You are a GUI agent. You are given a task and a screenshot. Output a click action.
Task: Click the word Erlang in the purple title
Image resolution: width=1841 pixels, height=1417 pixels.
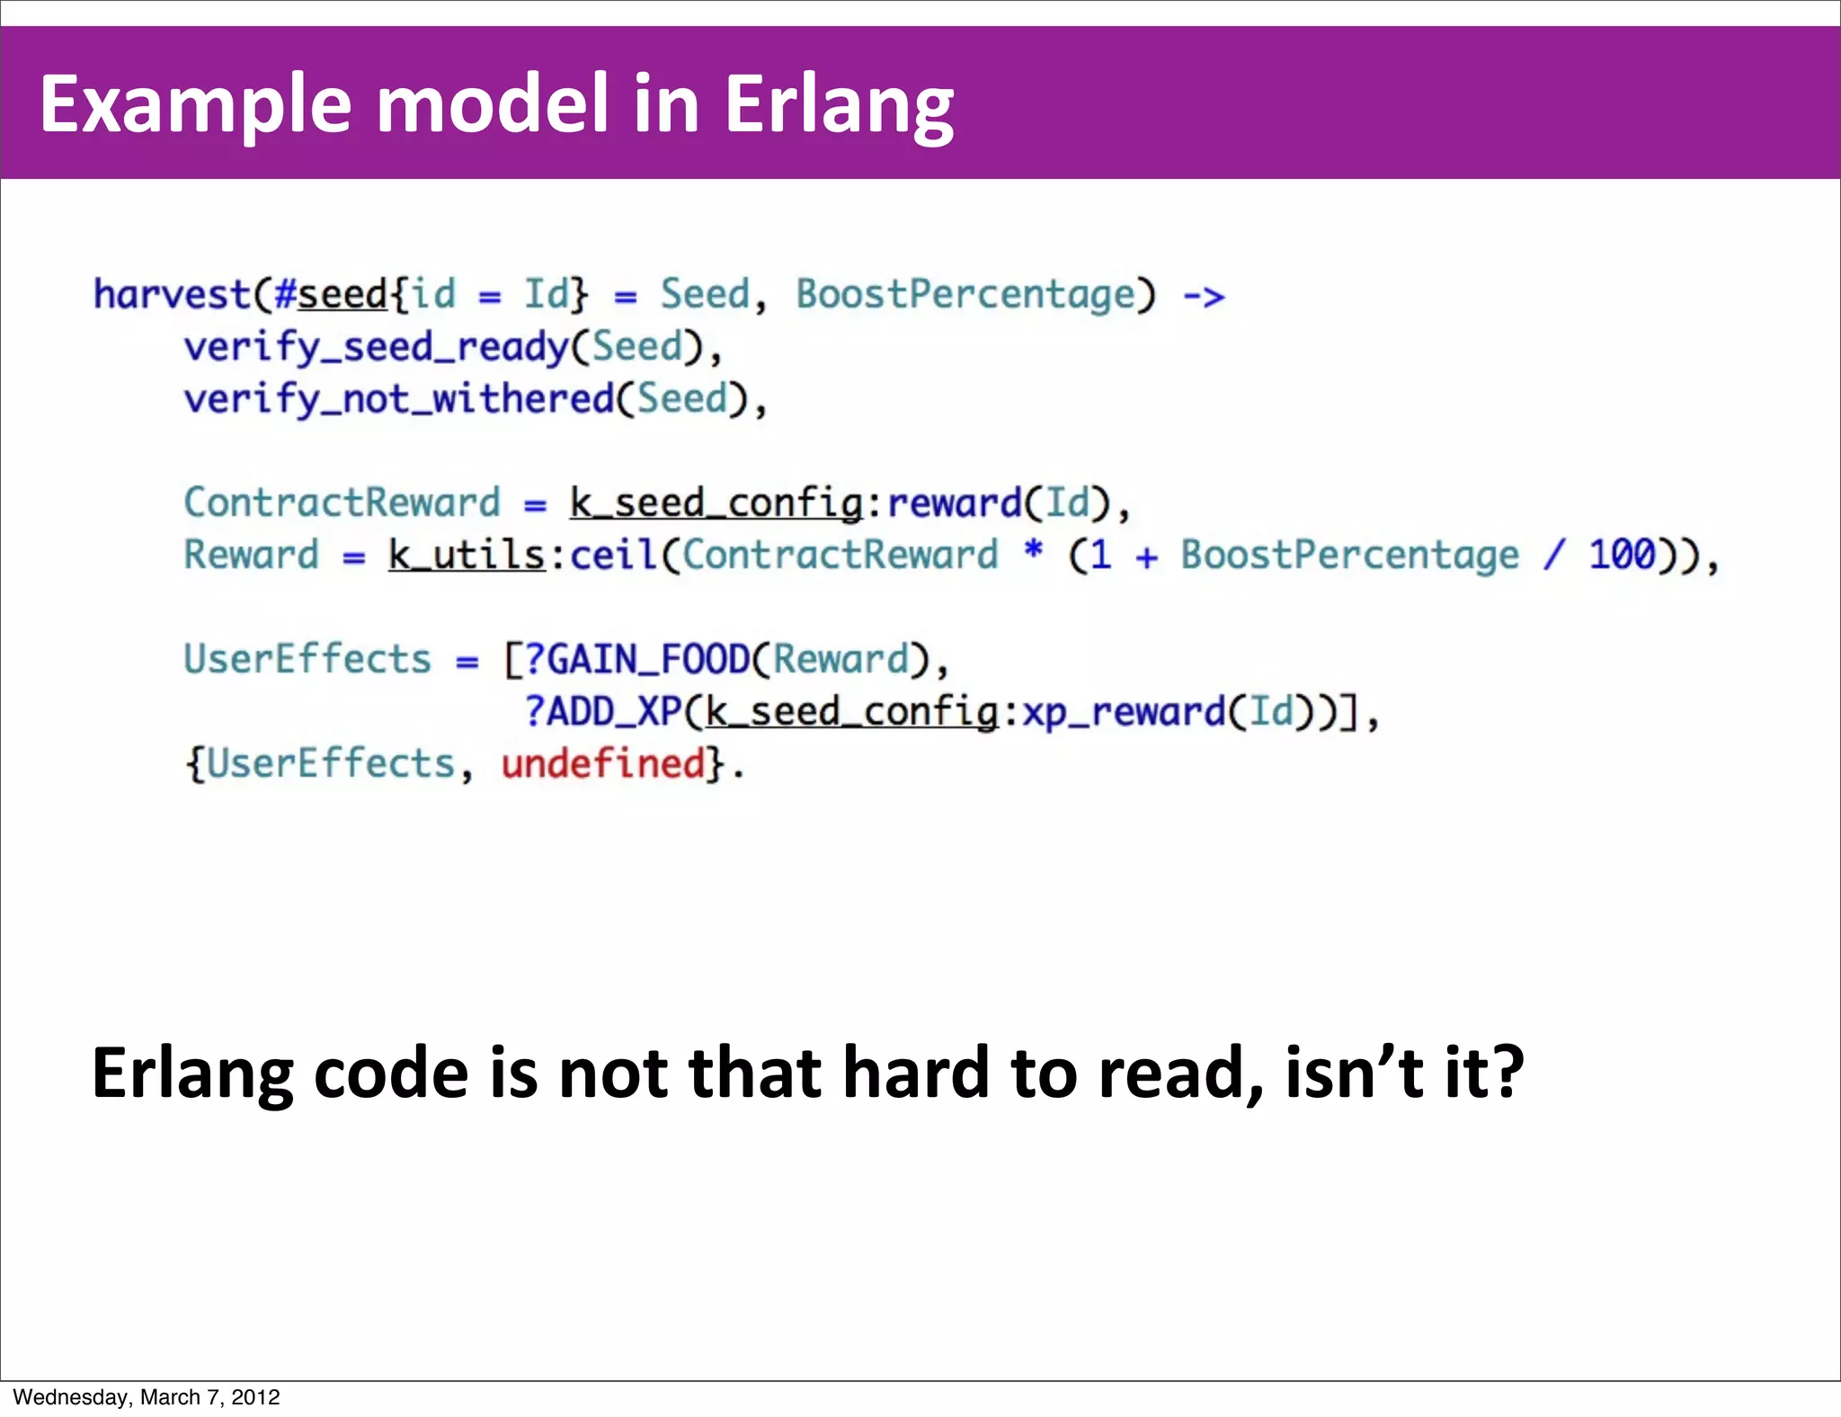pyautogui.click(x=838, y=106)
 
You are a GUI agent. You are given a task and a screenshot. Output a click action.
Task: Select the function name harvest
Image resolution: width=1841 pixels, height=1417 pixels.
pyautogui.click(x=172, y=295)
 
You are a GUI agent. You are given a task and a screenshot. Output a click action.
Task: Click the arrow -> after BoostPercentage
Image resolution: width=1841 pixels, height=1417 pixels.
pyautogui.click(x=1203, y=296)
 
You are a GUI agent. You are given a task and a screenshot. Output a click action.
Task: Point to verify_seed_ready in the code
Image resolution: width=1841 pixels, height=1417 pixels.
pyautogui.click(x=376, y=347)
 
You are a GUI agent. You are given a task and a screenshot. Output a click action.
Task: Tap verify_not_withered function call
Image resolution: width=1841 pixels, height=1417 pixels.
pyautogui.click(x=398, y=399)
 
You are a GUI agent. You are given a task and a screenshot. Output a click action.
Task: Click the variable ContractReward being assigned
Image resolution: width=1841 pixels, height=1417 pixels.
pyautogui.click(x=342, y=503)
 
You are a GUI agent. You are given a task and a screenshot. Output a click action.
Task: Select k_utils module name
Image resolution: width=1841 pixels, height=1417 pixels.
pyautogui.click(x=467, y=555)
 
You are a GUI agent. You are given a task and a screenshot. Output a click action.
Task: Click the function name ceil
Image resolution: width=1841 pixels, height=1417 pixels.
pyautogui.click(x=614, y=555)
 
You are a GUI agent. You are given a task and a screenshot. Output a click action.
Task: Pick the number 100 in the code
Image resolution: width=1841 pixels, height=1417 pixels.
pyautogui.click(x=1621, y=555)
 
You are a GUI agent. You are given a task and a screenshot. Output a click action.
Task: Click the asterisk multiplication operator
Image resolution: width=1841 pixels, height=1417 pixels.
pyautogui.click(x=1034, y=549)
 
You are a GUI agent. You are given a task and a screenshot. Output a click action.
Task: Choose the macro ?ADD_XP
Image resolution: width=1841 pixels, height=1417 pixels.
pyautogui.click(x=603, y=712)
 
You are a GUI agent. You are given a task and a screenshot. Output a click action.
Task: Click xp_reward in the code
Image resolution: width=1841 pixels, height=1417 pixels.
pyautogui.click(x=1124, y=712)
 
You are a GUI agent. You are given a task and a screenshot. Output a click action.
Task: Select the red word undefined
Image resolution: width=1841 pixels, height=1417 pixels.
pyautogui.click(x=603, y=764)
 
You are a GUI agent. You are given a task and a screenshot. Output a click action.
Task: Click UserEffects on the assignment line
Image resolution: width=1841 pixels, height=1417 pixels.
pyautogui.click(x=307, y=660)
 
